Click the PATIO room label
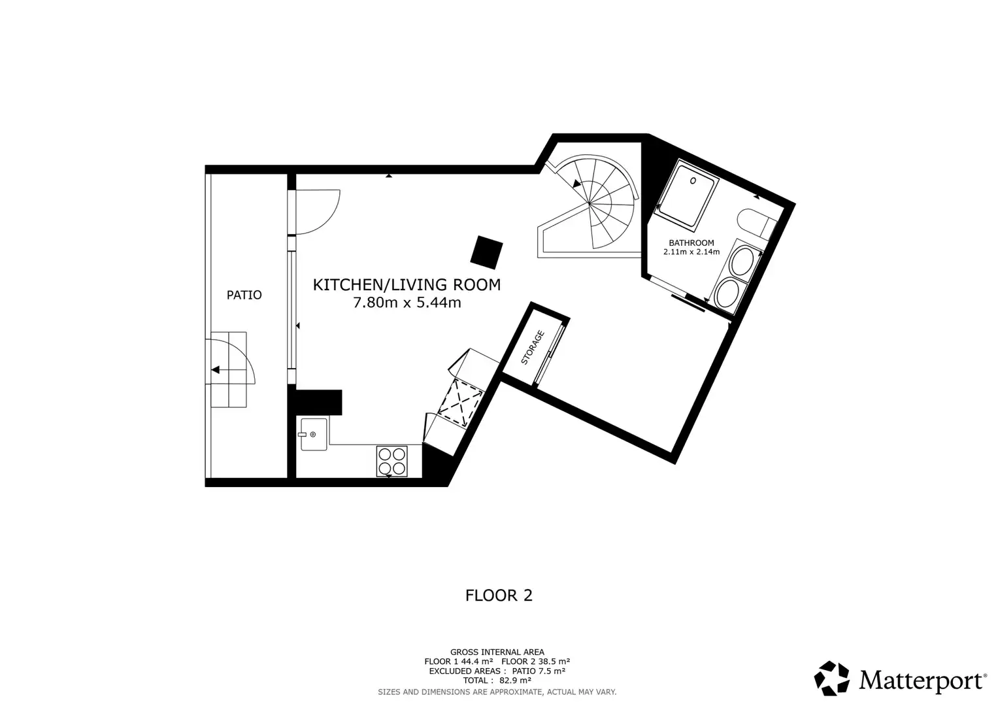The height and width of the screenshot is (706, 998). pos(244,295)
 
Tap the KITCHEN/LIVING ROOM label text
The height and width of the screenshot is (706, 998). pos(407,285)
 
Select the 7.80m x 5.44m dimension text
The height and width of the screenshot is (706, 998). pos(407,303)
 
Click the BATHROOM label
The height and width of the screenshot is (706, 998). pos(691,243)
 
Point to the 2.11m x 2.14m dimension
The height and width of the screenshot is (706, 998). pos(691,252)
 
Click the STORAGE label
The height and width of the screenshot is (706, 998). pos(533,347)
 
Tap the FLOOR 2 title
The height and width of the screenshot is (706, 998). pos(499,596)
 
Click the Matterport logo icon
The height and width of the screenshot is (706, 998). pos(831,679)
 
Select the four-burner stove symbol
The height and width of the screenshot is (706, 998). pos(391,462)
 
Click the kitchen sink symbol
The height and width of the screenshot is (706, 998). pos(314,434)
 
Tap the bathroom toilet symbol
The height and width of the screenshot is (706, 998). pos(757,224)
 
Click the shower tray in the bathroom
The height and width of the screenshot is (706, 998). pos(686,195)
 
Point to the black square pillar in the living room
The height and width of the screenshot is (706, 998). pos(486,253)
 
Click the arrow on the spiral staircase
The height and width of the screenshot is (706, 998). pos(576,184)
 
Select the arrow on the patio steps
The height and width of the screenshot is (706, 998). pos(215,369)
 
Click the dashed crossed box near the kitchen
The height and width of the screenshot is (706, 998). pos(461,403)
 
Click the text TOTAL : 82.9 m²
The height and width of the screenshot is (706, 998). pos(497,680)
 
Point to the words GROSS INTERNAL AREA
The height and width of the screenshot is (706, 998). pos(497,652)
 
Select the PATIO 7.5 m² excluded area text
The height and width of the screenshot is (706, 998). pos(539,671)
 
